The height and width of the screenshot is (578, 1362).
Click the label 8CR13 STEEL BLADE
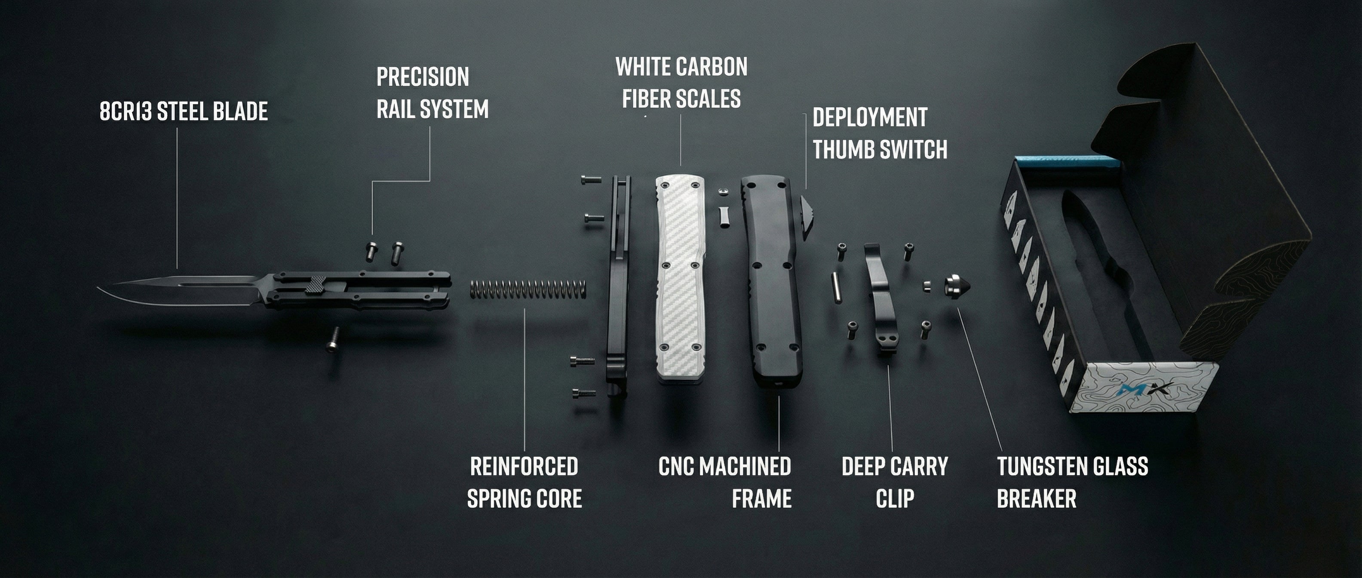[184, 111]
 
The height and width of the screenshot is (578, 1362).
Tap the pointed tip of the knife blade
[98, 288]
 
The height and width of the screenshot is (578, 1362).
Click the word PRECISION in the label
[423, 77]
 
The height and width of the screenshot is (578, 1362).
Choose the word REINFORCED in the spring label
[524, 467]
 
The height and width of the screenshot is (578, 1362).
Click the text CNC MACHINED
[724, 467]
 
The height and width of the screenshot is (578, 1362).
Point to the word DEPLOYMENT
[870, 117]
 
